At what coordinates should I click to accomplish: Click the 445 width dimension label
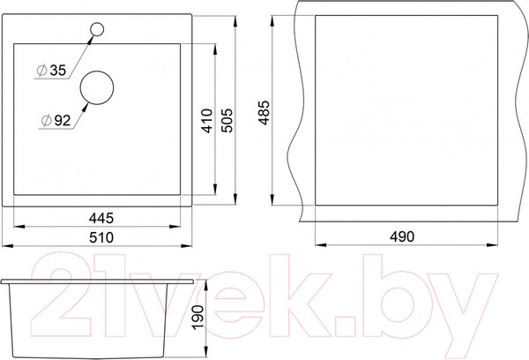point(101,218)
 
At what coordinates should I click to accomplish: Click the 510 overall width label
point(101,237)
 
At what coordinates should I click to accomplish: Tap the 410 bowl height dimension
point(207,121)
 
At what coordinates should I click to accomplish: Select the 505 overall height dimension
point(227,120)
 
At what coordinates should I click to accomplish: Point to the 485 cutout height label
point(264,112)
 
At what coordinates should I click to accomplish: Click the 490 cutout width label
point(402,236)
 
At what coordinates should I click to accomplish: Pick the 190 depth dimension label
point(197,317)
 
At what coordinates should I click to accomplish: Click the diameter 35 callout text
point(52,71)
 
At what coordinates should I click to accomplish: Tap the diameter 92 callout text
point(56,120)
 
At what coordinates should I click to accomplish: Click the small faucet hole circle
point(97,23)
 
